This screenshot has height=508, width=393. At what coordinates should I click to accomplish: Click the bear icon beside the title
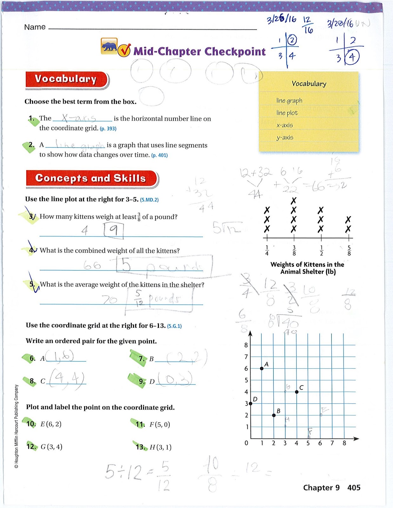[x=109, y=46]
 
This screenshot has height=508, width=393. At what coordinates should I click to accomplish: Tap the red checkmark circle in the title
[x=124, y=50]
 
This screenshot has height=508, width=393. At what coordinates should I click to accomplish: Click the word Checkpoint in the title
[x=235, y=51]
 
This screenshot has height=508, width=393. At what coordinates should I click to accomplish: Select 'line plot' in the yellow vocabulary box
[x=287, y=113]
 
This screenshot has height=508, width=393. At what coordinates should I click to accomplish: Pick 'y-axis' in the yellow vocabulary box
[x=285, y=137]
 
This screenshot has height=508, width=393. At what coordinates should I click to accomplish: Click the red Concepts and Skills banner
[x=91, y=178]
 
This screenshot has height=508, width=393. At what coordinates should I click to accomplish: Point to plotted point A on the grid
[x=262, y=368]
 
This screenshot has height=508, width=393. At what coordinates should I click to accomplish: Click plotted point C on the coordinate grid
[x=296, y=392]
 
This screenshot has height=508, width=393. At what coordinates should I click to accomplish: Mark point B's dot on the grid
[x=274, y=415]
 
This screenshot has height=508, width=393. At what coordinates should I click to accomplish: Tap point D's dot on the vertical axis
[x=250, y=404]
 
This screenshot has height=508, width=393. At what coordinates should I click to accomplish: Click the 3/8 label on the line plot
[x=294, y=251]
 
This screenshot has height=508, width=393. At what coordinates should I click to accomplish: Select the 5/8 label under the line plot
[x=349, y=251]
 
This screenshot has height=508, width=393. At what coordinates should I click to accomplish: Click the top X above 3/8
[x=294, y=201]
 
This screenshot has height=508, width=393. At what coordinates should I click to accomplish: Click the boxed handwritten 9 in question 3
[x=113, y=230]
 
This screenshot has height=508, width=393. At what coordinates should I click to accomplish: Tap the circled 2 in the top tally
[x=292, y=40]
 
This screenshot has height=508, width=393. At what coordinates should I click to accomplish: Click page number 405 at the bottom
[x=354, y=488]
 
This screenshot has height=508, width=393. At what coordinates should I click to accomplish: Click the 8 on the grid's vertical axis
[x=246, y=345]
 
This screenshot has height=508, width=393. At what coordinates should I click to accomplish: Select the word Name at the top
[x=35, y=27]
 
